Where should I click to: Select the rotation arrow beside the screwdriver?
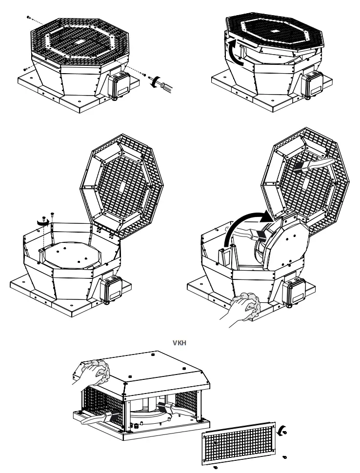tap(155, 81)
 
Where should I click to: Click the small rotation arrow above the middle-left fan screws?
tap(42, 221)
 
